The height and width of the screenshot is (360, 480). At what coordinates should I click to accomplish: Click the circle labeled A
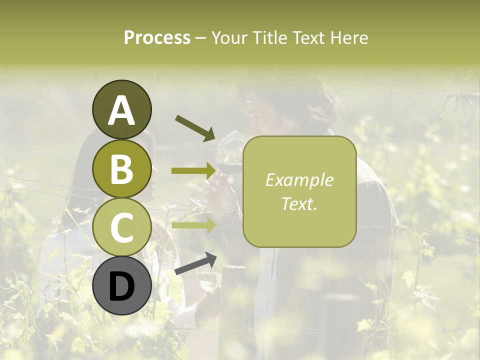tap(121, 109)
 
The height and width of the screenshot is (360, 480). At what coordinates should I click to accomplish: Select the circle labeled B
tap(121, 169)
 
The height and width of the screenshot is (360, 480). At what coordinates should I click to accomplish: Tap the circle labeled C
tap(121, 227)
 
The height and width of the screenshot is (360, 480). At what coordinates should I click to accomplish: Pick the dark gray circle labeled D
tap(121, 286)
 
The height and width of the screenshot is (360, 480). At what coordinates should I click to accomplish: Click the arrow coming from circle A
tap(194, 127)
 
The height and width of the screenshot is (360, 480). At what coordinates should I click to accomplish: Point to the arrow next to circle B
tap(194, 171)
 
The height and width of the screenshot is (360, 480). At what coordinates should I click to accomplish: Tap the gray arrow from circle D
tap(195, 263)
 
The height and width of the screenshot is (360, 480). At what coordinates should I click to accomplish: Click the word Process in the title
tap(157, 37)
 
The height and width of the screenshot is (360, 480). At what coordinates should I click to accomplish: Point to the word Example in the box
tap(299, 180)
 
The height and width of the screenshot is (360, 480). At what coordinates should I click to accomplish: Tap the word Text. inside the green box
tap(299, 203)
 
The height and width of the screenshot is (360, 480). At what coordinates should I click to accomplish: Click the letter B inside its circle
tap(121, 169)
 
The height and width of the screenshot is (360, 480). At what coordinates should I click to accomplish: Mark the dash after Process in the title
tap(200, 38)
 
